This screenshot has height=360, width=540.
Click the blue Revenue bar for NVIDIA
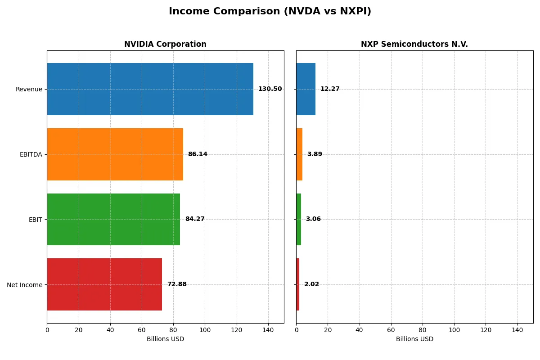[x=150, y=89]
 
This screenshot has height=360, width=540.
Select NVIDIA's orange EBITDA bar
[x=115, y=154]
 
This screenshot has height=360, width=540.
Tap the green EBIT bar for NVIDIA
[x=113, y=219]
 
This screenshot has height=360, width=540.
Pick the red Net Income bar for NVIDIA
[x=104, y=284]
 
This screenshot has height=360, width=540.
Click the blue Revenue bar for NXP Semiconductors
[x=306, y=89]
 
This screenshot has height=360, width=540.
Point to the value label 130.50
[x=270, y=89]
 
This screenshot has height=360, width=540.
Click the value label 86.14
[x=198, y=154]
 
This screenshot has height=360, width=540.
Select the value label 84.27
[x=195, y=219]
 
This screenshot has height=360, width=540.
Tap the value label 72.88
[x=177, y=284]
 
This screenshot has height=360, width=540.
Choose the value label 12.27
[x=330, y=89]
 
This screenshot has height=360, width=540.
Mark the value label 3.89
[x=315, y=154]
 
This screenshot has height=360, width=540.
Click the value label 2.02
[x=311, y=284]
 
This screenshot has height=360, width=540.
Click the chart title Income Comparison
[x=270, y=12]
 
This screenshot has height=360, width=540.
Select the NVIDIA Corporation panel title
[x=165, y=45]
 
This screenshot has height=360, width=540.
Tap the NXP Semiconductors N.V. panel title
[x=414, y=45]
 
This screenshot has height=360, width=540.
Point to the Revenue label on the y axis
[x=29, y=89]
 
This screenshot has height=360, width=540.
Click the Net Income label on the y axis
[x=25, y=285]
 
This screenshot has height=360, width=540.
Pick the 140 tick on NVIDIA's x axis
[x=268, y=330]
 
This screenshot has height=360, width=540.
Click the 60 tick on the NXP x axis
[x=391, y=330]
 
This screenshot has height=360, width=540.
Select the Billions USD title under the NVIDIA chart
[x=165, y=339]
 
